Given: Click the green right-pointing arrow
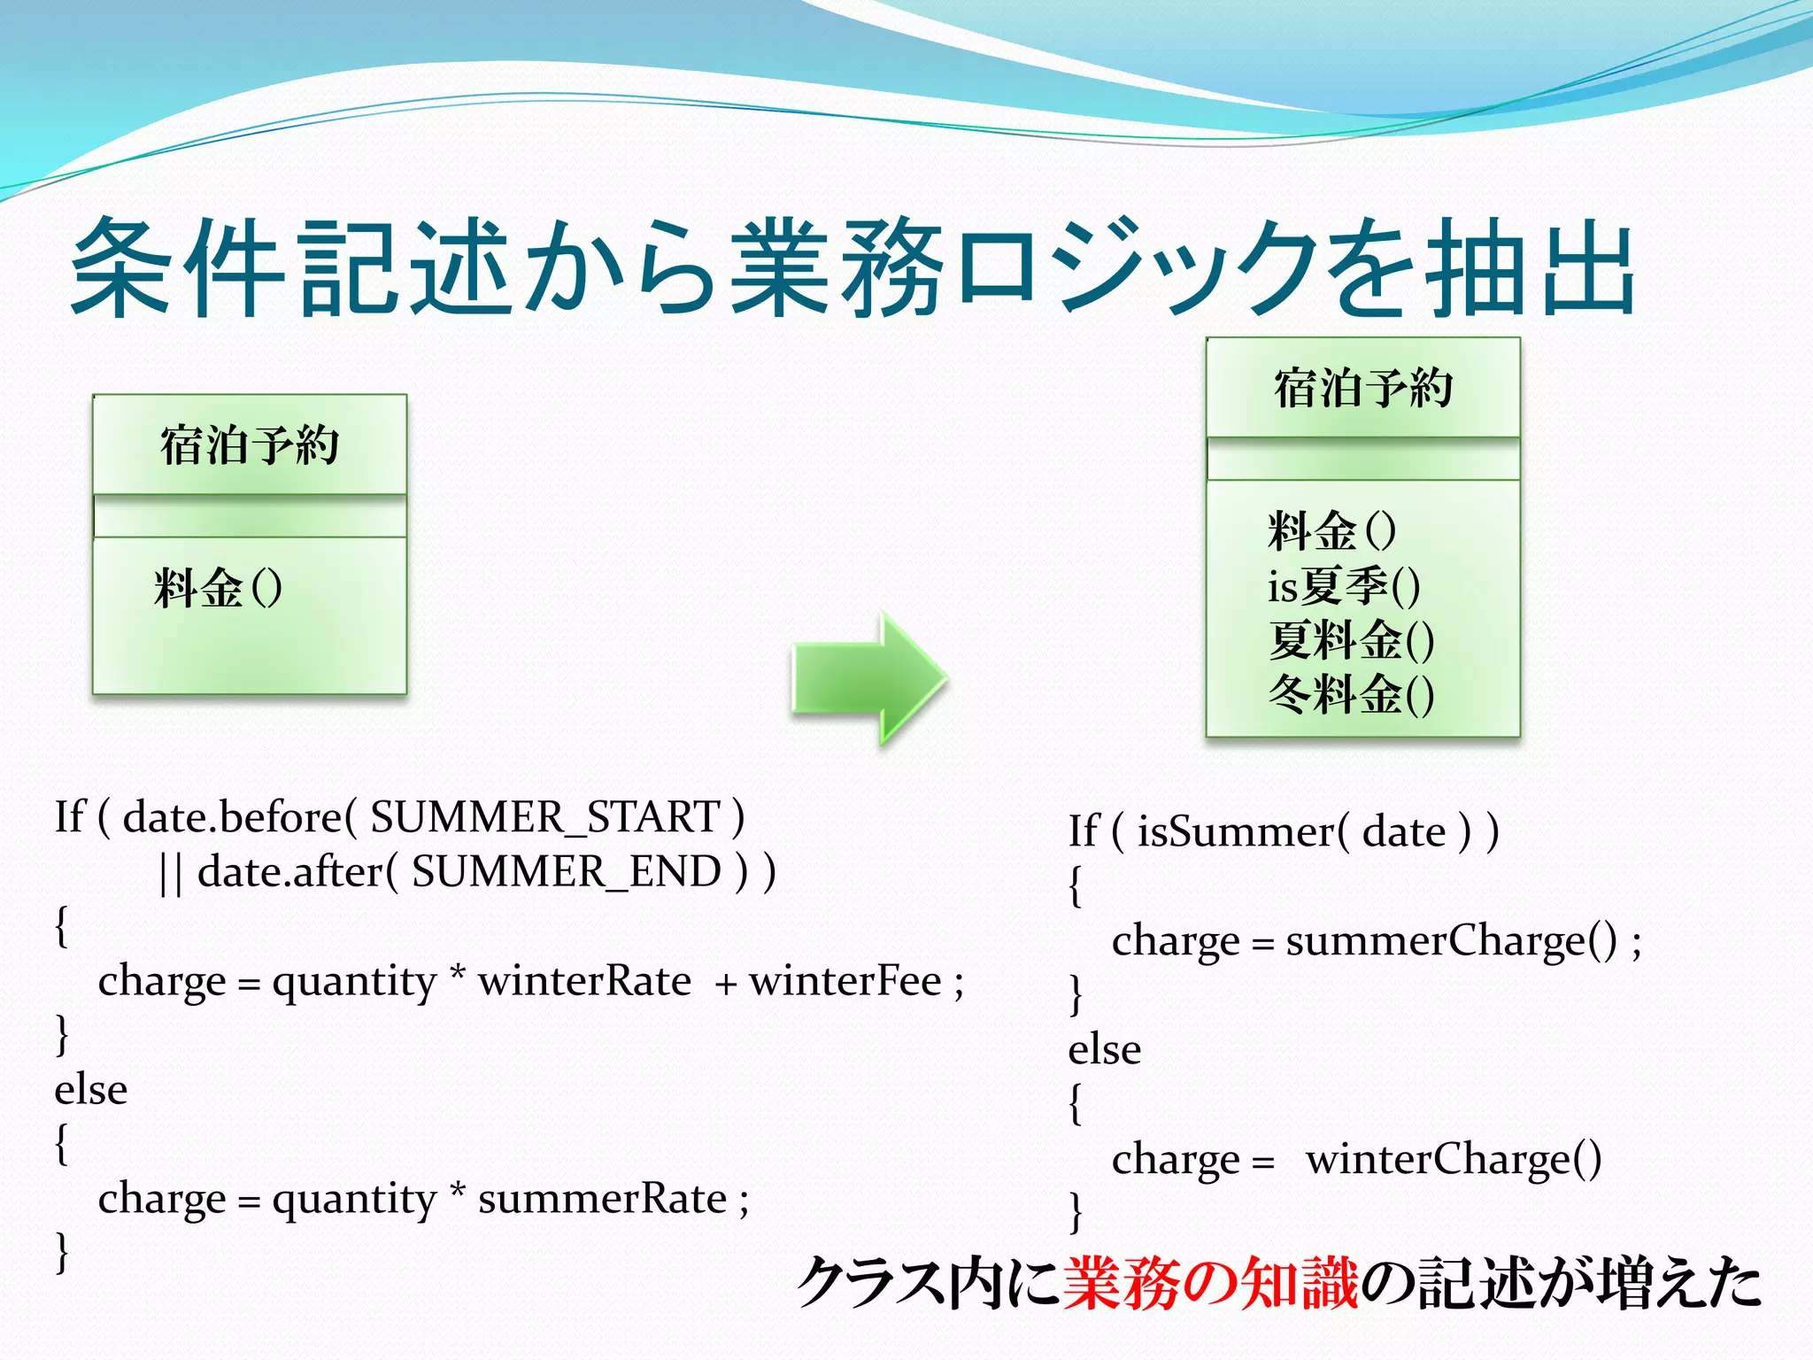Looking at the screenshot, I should click(x=869, y=677).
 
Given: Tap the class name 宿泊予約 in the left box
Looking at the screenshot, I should click(x=250, y=444).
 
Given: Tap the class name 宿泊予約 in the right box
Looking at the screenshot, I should click(x=1363, y=388).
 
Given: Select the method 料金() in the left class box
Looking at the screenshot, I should click(x=218, y=587).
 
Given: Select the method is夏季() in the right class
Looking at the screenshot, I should click(x=1344, y=585).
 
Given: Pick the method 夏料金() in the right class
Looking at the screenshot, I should click(x=1351, y=640).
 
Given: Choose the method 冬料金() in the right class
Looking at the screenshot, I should click(x=1351, y=694).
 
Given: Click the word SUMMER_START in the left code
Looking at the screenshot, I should click(x=545, y=817).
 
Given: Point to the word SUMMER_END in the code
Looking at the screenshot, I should click(x=567, y=872).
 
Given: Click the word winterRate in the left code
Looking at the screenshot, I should click(x=584, y=981).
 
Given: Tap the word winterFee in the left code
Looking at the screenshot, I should click(x=845, y=981).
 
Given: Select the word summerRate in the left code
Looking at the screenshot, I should click(x=602, y=1199).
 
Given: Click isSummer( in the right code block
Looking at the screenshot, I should click(x=1243, y=831).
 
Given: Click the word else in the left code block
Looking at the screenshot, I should click(x=91, y=1090).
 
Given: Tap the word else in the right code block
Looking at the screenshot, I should click(x=1105, y=1050).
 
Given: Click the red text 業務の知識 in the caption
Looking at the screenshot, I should click(x=1209, y=1283).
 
